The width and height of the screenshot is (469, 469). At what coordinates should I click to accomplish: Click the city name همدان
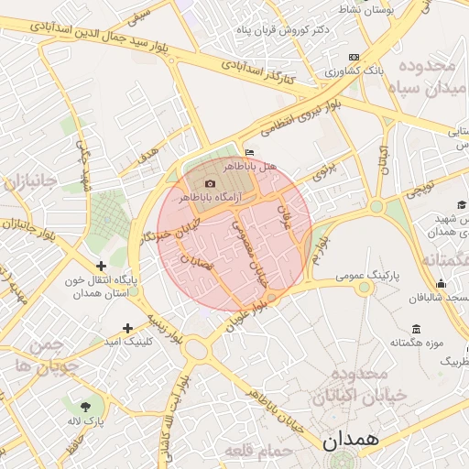(x=349, y=440)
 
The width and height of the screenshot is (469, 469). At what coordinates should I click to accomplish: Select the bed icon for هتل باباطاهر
(x=250, y=153)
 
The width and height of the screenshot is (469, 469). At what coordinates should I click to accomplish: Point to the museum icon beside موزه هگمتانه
(x=417, y=329)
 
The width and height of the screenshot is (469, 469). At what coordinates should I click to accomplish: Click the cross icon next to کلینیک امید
(x=127, y=327)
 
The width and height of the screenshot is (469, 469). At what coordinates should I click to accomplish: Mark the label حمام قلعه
(x=264, y=452)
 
